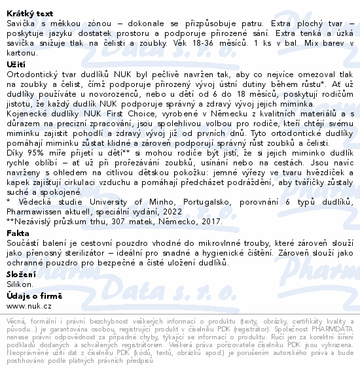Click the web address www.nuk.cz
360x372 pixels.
click(29, 306)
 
